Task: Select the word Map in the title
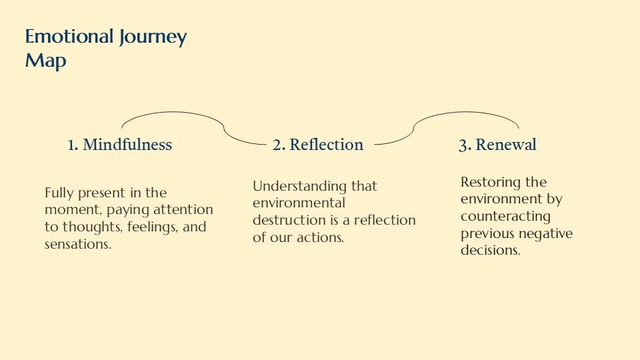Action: pyautogui.click(x=45, y=61)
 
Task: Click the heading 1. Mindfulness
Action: pyautogui.click(x=120, y=145)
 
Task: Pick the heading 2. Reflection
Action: pyautogui.click(x=318, y=145)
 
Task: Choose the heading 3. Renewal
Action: pyautogui.click(x=497, y=145)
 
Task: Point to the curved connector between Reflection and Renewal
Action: pyautogui.click(x=467, y=113)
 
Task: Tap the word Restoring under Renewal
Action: pyautogui.click(x=494, y=182)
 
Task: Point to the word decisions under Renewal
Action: pyautogui.click(x=489, y=251)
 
